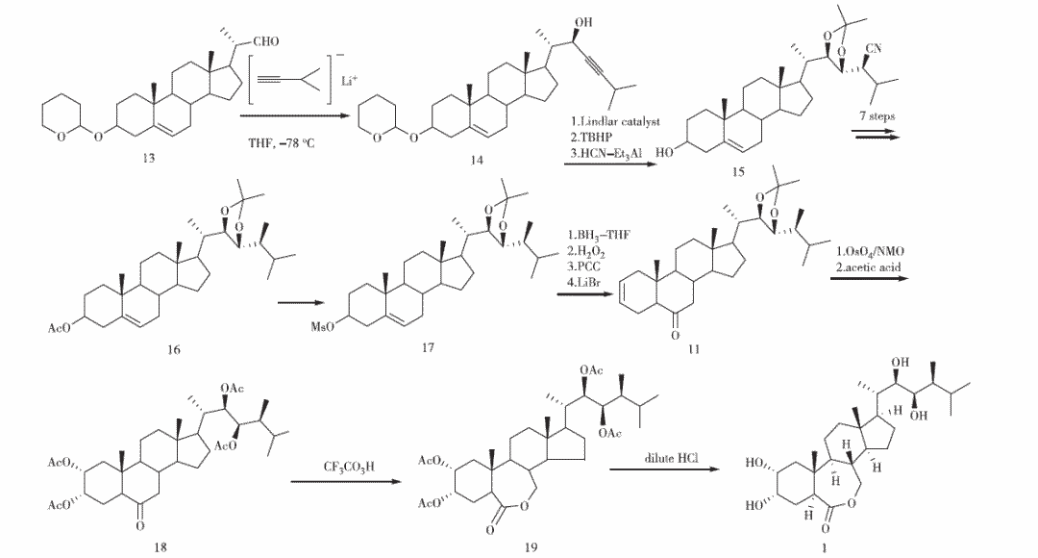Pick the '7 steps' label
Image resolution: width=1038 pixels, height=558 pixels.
point(877,115)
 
